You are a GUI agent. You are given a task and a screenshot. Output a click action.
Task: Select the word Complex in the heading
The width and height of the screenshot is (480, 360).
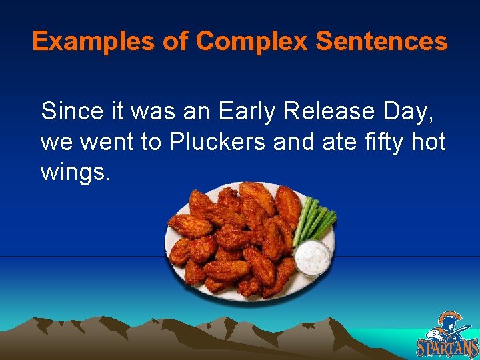coord(252,42)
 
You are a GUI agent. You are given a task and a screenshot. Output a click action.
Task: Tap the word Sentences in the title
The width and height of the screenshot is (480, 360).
coord(381,42)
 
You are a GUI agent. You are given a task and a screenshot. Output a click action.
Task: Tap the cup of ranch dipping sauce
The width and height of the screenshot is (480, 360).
coord(312,257)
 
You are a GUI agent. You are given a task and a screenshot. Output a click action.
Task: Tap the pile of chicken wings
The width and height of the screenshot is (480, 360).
coord(233,240)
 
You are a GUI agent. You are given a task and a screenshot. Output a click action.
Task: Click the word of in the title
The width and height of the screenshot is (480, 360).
coord(176,42)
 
